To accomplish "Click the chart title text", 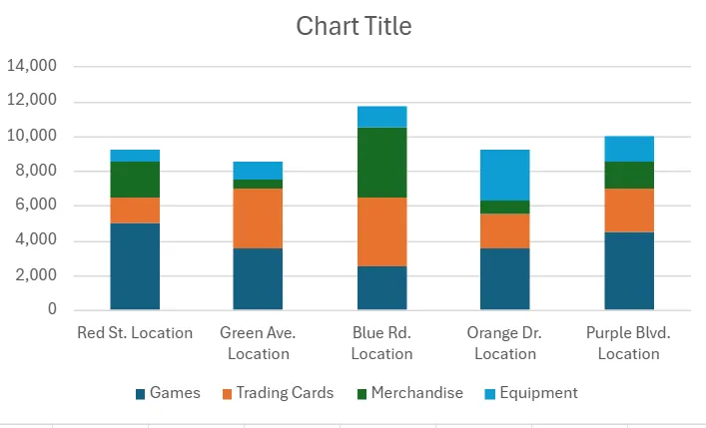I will (353, 27).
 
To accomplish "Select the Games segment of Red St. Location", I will (135, 266).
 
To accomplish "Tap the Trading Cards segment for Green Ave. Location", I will (259, 217).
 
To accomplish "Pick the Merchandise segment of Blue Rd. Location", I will (381, 163).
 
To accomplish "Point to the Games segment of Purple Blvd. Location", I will (629, 270).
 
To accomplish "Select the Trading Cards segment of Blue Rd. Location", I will (381, 231).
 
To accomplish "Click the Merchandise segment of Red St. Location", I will (135, 180).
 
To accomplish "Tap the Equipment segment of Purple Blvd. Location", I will (629, 149).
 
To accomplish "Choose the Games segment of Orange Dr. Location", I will (505, 278).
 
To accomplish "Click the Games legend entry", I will (168, 393).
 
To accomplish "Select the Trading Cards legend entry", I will (277, 393).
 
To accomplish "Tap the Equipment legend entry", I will (529, 393).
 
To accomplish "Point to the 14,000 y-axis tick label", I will (32, 67).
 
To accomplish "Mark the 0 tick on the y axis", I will (52, 310).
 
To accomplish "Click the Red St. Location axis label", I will (135, 333).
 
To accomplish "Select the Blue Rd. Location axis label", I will (381, 342).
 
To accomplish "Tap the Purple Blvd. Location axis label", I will (629, 342).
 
